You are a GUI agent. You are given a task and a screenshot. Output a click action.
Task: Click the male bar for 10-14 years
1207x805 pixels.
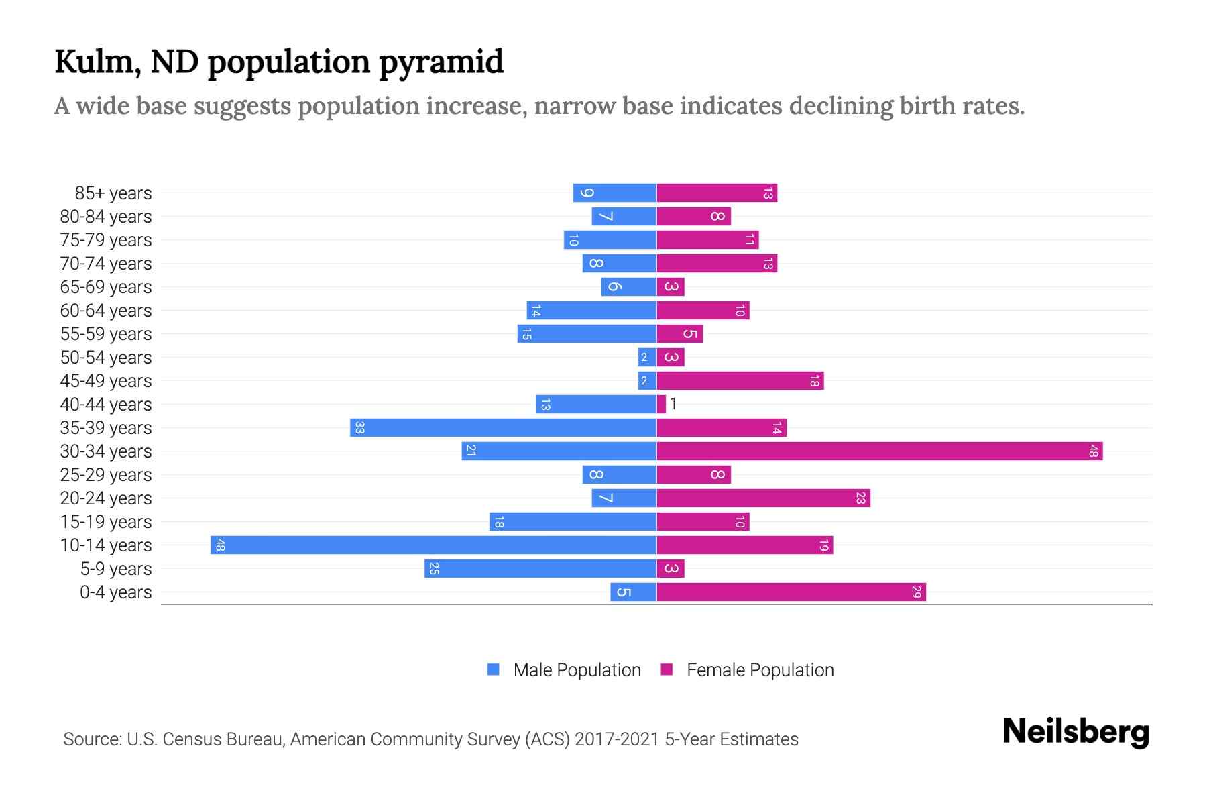click(433, 545)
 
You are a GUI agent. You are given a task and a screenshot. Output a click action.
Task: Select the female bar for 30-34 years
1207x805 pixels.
click(879, 451)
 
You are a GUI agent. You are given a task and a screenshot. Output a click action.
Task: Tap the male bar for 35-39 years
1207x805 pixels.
click(503, 427)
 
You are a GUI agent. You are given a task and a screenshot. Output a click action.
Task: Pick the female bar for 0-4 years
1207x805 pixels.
click(791, 592)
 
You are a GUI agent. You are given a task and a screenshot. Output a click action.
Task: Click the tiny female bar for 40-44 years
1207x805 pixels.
click(661, 404)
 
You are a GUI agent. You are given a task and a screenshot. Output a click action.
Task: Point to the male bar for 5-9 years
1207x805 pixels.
click(540, 568)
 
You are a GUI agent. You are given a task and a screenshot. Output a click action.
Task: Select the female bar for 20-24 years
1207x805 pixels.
click(763, 498)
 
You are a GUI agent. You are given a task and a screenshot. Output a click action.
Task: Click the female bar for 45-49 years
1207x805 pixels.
click(740, 380)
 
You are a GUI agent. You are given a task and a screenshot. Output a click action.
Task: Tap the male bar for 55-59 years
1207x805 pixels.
click(587, 333)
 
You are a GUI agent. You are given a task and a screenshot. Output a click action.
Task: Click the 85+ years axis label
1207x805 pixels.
click(113, 193)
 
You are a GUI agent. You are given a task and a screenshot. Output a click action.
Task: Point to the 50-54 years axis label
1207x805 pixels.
click(106, 358)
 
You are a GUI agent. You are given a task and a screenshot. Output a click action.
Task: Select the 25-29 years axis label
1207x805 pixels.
click(106, 475)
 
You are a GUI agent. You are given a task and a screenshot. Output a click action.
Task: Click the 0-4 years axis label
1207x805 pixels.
click(115, 592)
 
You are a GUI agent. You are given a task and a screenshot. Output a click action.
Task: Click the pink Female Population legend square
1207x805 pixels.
click(667, 669)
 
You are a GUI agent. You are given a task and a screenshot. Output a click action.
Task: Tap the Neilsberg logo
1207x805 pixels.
click(1076, 732)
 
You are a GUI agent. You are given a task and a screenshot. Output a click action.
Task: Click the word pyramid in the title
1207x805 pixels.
click(441, 62)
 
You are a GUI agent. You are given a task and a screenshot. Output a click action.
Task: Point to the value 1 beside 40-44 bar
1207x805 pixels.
click(673, 404)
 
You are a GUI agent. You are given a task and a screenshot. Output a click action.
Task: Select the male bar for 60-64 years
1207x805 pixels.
click(591, 310)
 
